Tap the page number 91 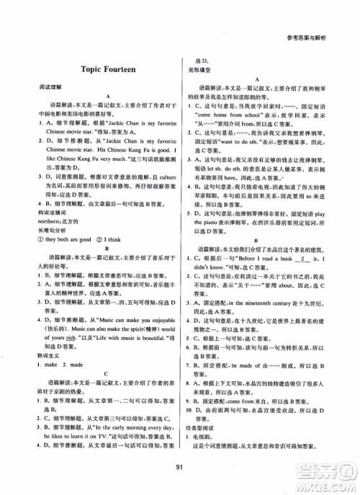[180, 471]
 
